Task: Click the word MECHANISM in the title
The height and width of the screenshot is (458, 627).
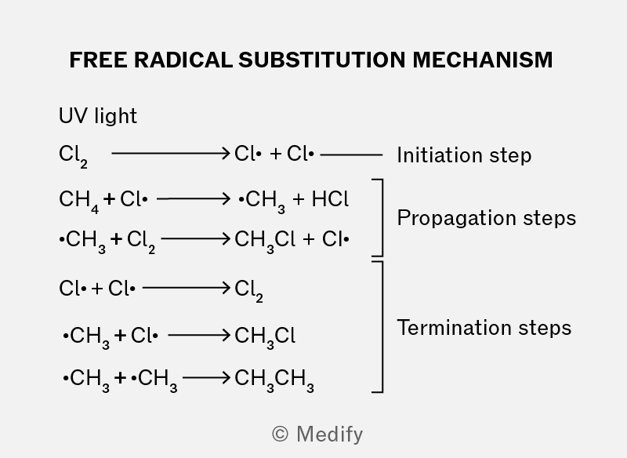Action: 483,60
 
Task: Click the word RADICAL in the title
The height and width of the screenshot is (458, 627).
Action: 183,60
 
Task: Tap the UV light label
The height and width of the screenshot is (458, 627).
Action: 98,116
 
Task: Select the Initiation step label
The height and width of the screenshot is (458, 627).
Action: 464,155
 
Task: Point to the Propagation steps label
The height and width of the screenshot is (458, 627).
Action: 487,218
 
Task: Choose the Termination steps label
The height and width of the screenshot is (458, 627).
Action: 484,328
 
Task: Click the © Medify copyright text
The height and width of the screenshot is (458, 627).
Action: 317,434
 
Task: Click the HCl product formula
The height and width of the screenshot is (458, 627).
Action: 330,198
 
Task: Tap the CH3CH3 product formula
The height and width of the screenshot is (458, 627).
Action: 274,380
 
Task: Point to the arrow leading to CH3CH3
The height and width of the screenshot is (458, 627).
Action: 206,377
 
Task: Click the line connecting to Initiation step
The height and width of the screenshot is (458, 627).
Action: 351,154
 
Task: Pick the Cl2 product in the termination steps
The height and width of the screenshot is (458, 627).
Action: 248,290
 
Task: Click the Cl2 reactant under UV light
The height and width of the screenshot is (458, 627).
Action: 73,156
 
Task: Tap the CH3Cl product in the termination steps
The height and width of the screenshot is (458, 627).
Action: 265,337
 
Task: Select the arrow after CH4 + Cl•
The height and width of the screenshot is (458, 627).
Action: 194,198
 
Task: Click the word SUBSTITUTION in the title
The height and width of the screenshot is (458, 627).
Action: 322,60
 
